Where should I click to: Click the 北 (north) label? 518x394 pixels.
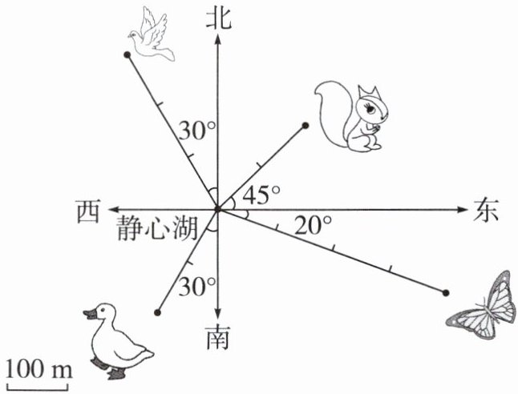click(x=217, y=18)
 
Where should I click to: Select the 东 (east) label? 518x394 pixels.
click(x=486, y=210)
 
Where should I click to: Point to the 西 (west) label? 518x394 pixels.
click(x=88, y=211)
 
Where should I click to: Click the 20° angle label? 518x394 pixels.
click(x=313, y=226)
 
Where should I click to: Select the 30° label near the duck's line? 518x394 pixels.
click(x=197, y=284)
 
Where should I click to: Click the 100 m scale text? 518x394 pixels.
click(x=38, y=369)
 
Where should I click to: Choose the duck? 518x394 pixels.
click(x=115, y=340)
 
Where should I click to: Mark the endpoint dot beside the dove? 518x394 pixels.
click(x=127, y=54)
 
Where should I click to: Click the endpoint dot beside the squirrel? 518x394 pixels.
click(x=306, y=125)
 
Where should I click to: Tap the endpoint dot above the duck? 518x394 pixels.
click(x=158, y=312)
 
